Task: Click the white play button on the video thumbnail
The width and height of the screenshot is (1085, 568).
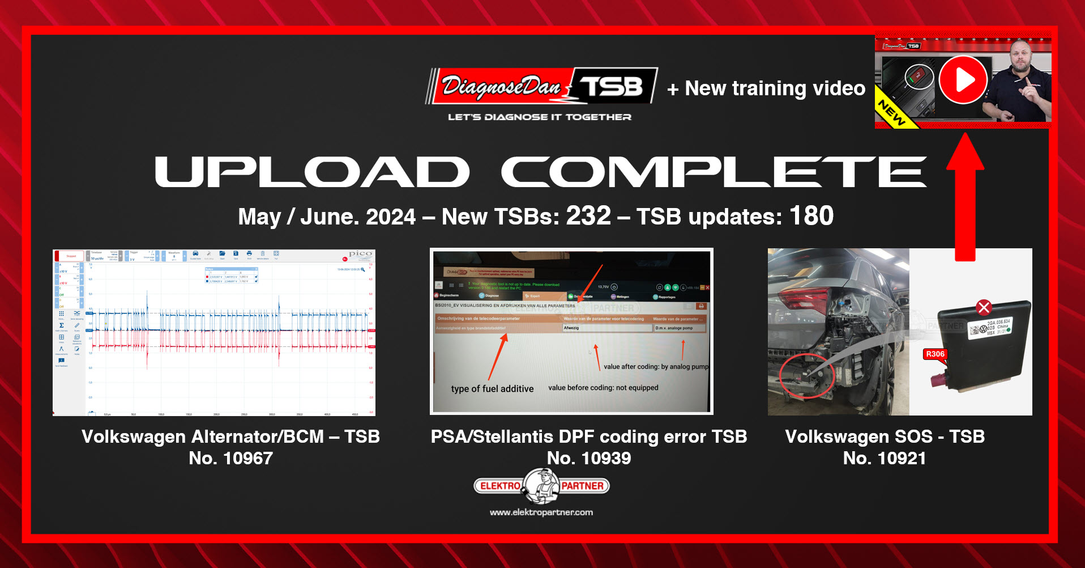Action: [963, 80]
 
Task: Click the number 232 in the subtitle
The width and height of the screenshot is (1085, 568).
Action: [588, 216]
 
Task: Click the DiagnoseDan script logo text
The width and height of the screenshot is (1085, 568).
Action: [501, 86]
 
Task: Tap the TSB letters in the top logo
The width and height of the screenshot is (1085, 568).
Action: [612, 86]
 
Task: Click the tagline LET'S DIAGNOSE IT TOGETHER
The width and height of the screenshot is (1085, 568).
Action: [539, 117]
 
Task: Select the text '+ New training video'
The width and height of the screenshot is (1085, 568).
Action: [766, 88]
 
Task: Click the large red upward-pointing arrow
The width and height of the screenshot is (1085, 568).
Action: [965, 198]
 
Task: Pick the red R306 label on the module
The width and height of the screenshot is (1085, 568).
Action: [935, 354]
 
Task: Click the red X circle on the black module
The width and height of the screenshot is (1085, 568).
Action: [984, 307]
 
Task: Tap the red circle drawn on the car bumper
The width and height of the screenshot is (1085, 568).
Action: [806, 375]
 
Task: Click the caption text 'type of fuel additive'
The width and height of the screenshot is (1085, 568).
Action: [492, 389]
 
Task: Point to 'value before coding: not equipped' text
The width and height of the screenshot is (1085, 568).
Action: [603, 388]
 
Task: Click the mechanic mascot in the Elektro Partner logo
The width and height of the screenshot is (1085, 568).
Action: [541, 486]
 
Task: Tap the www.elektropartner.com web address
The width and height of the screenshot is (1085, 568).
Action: [541, 512]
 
